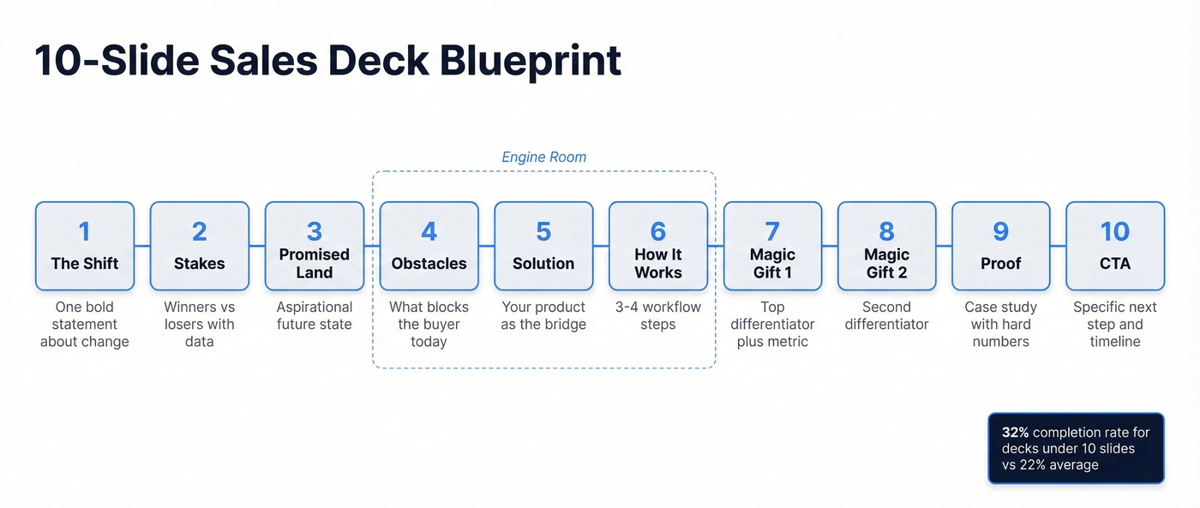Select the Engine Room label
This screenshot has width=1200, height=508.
543,157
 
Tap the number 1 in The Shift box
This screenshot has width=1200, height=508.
84,231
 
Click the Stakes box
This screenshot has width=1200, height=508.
200,246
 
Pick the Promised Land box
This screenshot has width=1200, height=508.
315,246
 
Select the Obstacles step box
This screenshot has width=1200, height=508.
429,246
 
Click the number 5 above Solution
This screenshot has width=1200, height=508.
543,231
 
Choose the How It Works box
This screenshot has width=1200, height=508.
658,246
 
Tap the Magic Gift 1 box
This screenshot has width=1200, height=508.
772,246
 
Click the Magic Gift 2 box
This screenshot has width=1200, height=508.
886,246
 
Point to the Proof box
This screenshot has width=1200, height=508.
1000,246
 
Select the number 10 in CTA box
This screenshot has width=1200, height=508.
1115,231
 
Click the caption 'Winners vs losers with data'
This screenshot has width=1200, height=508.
200,324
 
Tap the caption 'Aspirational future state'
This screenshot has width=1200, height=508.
315,315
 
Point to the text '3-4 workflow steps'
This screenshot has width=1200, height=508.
658,315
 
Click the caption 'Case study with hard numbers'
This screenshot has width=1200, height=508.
1000,324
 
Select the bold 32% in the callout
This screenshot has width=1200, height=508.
1015,433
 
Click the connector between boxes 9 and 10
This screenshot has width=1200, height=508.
1058,246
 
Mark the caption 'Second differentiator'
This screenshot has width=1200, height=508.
886,315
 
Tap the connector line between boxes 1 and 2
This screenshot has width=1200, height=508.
142,246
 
